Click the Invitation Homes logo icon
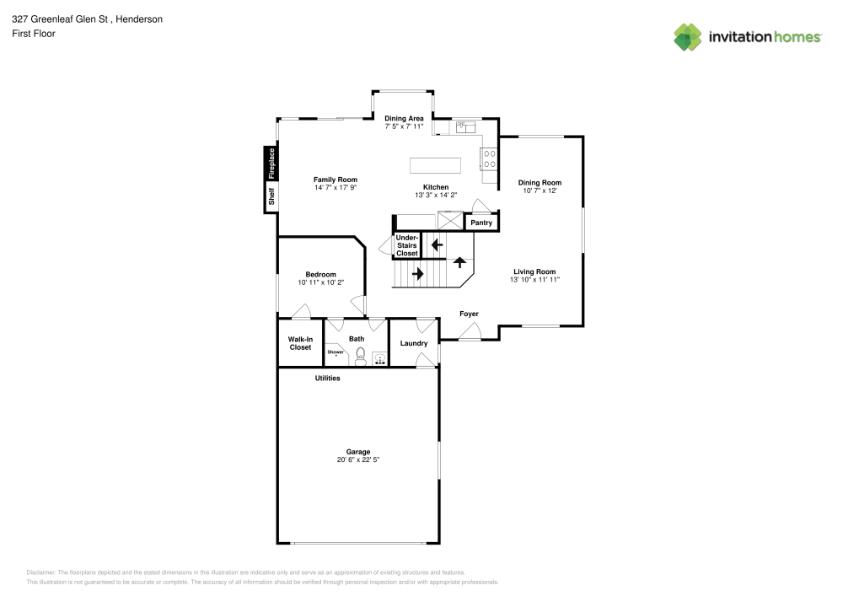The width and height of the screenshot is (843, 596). [688, 37]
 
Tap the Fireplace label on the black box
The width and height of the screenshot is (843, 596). [271, 164]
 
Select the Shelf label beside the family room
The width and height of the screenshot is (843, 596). [271, 196]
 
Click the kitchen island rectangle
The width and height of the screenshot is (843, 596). [435, 165]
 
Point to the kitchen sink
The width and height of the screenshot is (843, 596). [466, 127]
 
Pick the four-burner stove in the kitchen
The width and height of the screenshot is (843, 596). [489, 158]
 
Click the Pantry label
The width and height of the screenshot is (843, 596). [481, 223]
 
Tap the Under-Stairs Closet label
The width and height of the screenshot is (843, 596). [407, 245]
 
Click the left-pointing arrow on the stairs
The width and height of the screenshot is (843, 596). [437, 245]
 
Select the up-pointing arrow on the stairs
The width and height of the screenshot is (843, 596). [459, 262]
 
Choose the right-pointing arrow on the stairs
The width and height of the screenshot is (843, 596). [418, 273]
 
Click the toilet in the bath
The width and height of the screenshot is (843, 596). [360, 357]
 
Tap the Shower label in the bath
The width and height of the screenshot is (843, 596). [336, 352]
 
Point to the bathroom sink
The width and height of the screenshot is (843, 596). [380, 359]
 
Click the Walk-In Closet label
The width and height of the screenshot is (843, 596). [300, 343]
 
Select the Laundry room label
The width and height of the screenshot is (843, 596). [414, 343]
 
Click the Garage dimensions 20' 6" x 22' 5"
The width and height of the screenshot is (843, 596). [358, 460]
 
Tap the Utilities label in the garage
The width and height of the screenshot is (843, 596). [327, 379]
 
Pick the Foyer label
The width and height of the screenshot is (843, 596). [469, 314]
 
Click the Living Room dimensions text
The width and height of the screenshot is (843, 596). [535, 280]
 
